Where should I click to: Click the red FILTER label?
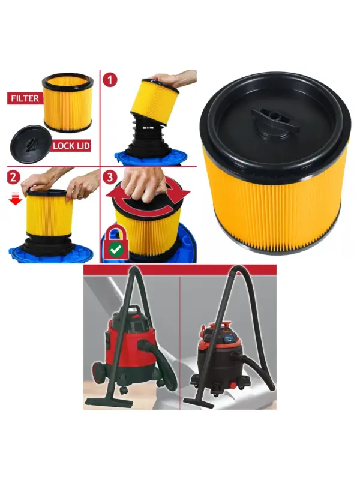[25, 98]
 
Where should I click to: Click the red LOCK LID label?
[71, 145]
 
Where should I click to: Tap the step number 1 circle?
[110, 80]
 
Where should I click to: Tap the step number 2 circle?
[13, 178]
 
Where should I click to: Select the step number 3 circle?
[110, 178]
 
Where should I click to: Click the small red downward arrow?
[16, 200]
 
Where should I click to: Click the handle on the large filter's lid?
[275, 118]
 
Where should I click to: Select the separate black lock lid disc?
[31, 144]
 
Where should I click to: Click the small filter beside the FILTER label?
[68, 103]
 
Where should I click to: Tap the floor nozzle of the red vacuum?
[109, 401]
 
